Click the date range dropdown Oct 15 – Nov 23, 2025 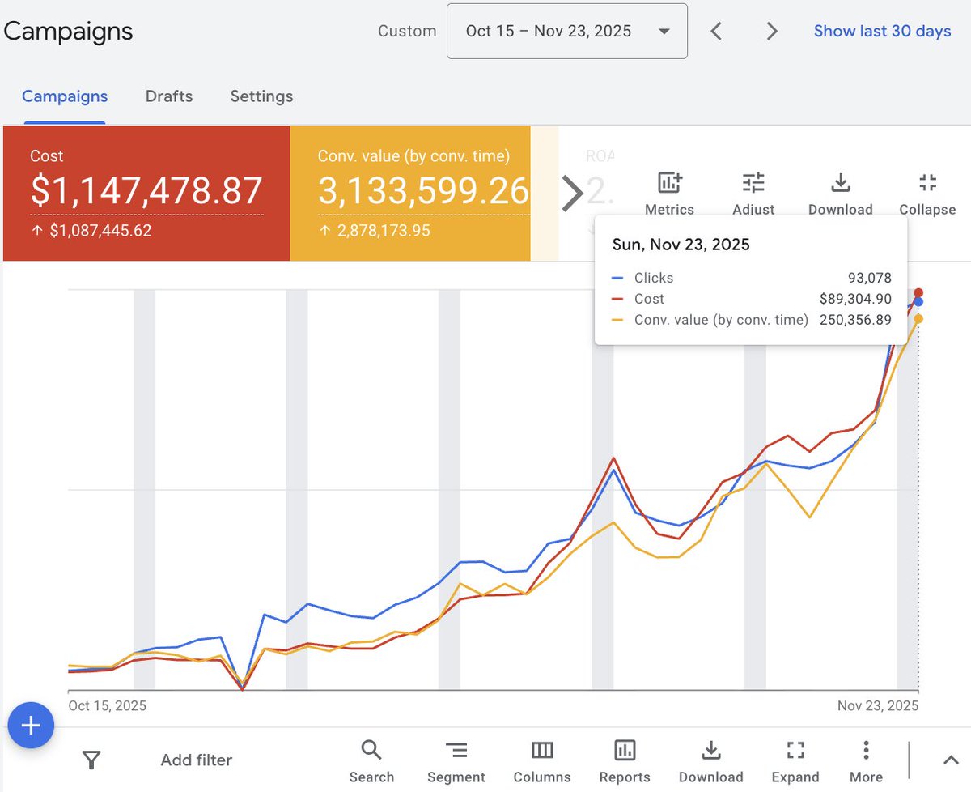point(566,32)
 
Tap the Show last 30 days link point(882,32)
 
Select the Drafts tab point(169,96)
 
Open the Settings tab point(261,96)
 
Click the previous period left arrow point(716,32)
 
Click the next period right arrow point(772,32)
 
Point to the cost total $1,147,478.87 point(146,191)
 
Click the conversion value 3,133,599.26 point(423,191)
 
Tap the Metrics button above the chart point(669,193)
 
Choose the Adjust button point(753,193)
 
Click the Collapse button point(927,193)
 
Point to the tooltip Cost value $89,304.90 point(855,299)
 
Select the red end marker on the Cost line point(918,293)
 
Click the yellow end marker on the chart point(918,319)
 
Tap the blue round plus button point(31,725)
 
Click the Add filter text point(196,760)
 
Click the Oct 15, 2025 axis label point(108,705)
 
